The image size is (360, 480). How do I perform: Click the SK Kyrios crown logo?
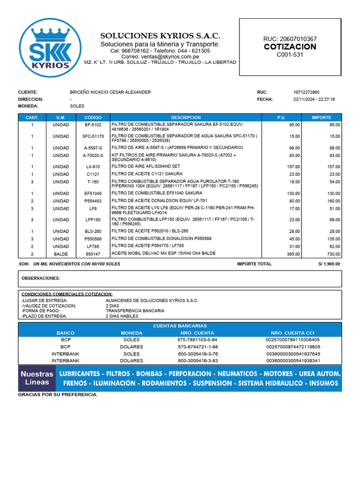pos(50,49)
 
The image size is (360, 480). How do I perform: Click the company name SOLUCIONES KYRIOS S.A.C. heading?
pos(160,36)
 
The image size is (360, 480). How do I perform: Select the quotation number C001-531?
pos(290,55)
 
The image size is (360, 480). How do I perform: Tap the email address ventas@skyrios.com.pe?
pos(160,57)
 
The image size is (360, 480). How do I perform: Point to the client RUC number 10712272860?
pos(306,92)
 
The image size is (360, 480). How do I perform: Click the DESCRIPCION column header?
pos(186,118)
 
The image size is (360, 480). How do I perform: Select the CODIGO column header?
pos(93,118)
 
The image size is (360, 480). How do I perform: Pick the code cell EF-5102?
pos(93,125)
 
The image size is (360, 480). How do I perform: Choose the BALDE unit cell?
pos(60,254)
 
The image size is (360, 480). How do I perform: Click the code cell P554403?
pos(93,201)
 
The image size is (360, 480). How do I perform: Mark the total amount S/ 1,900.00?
pos(329,264)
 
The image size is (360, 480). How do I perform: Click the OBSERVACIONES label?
pos(41,278)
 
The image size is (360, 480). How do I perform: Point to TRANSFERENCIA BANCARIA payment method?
pos(135,311)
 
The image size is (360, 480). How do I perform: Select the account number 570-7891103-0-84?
pos(197,339)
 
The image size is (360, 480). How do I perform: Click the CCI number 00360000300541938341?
pos(293,361)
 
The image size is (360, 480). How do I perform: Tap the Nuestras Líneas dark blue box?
pos(37,378)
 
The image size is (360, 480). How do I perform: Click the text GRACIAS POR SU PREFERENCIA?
pos(58,395)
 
